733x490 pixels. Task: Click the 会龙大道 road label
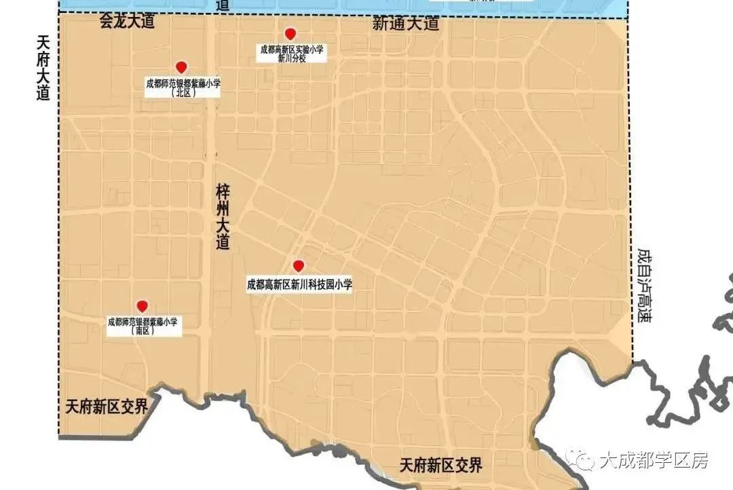tap(127, 21)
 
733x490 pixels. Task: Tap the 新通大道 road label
tap(406, 24)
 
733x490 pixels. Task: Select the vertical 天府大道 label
tap(43, 69)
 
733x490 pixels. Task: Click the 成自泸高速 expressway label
tap(644, 284)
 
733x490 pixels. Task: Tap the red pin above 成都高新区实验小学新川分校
tap(290, 34)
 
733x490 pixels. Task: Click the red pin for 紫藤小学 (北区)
tap(181, 67)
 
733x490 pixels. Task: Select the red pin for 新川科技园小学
tap(297, 265)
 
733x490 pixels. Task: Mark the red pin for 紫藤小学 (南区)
tap(142, 306)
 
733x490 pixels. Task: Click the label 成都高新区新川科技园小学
tap(300, 284)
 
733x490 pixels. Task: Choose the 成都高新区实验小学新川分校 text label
tap(292, 54)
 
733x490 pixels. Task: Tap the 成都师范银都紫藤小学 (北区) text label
tap(183, 88)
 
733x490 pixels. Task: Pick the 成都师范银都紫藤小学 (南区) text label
tap(143, 326)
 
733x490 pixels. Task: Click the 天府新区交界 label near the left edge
tap(107, 407)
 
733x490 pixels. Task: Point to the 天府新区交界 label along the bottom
tap(441, 466)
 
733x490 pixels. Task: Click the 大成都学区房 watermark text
tap(654, 461)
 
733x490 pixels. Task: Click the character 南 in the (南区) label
tap(143, 332)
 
